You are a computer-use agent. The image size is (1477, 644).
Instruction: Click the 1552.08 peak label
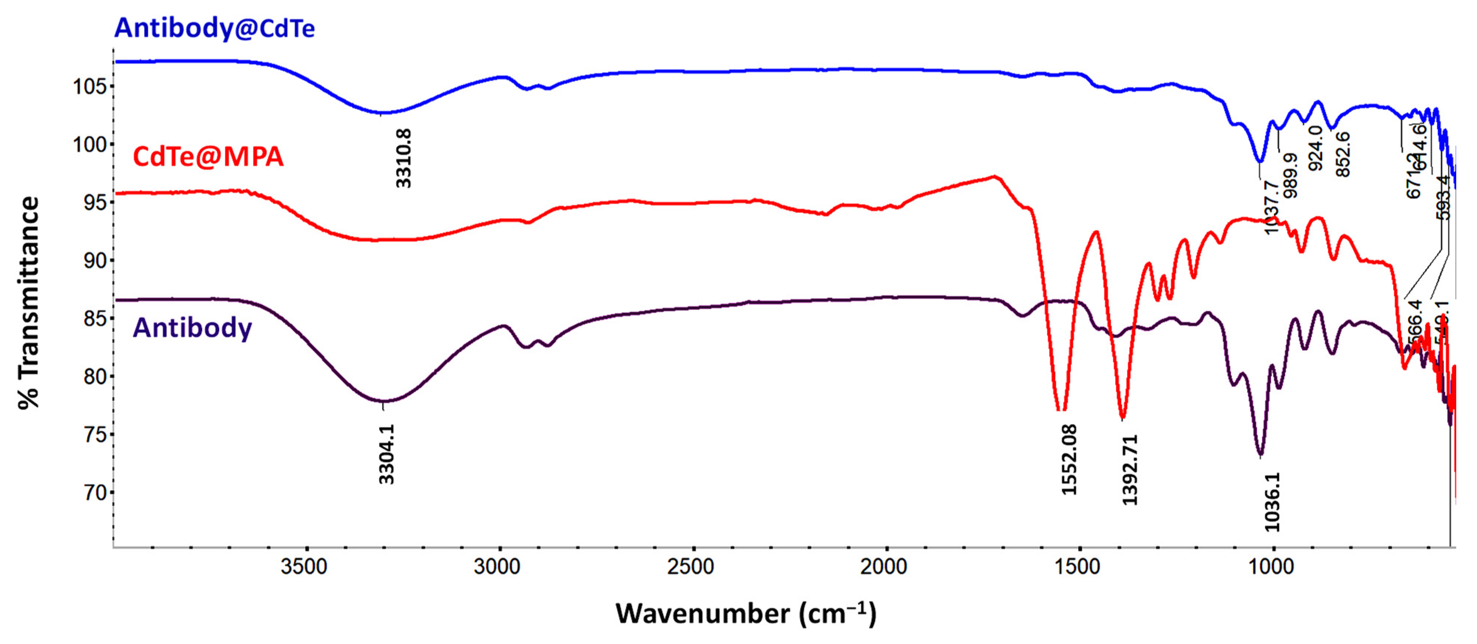(x=1069, y=460)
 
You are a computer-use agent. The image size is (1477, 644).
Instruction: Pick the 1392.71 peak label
(x=1129, y=470)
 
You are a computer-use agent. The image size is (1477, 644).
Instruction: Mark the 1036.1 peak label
(x=1272, y=502)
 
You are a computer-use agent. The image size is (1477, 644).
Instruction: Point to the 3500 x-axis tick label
(x=304, y=567)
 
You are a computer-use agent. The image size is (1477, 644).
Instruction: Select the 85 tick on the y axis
(x=95, y=318)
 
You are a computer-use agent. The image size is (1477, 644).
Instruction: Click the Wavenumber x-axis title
(x=746, y=614)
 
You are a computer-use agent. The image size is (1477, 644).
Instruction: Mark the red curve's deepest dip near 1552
(x=1061, y=409)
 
